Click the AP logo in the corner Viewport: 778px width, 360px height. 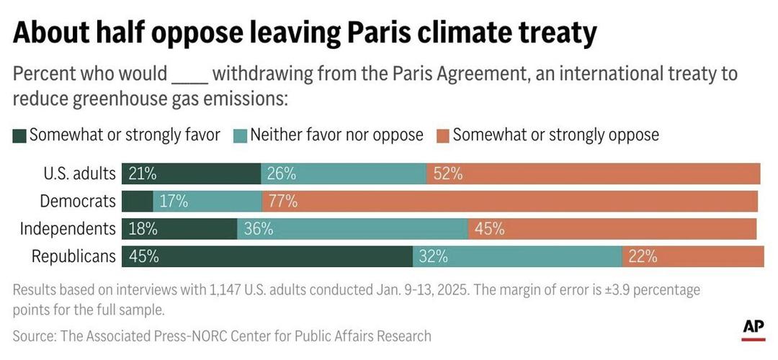(x=753, y=328)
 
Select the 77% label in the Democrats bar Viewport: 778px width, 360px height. (x=282, y=202)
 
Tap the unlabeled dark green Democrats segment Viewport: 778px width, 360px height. (x=137, y=202)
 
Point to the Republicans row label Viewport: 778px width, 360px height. (x=73, y=256)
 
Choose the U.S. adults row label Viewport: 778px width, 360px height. (x=79, y=174)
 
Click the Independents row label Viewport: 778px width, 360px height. (x=68, y=229)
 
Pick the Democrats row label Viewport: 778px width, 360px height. (x=78, y=202)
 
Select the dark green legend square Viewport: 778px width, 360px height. (x=19, y=135)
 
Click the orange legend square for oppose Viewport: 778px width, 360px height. (x=443, y=135)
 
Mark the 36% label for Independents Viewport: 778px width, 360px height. (x=258, y=229)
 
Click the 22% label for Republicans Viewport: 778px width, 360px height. (x=643, y=256)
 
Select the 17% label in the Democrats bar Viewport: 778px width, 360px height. (x=174, y=202)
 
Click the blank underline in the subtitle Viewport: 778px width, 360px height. (x=189, y=75)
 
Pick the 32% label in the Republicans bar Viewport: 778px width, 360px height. (x=434, y=256)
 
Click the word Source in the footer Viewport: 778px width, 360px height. (x=33, y=336)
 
